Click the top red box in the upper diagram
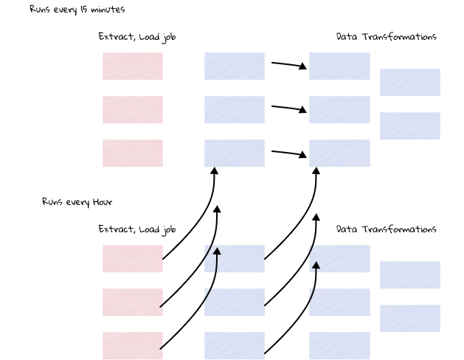click(x=133, y=66)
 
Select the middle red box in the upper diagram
click(x=133, y=110)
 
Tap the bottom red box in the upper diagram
click(x=133, y=153)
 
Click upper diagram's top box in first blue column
click(x=235, y=66)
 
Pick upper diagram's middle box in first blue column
click(x=235, y=110)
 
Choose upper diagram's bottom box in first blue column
click(x=235, y=153)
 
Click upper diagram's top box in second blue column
click(x=339, y=66)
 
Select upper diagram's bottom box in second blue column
click(x=339, y=153)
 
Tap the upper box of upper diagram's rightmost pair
click(x=410, y=83)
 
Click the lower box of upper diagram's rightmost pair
click(x=410, y=126)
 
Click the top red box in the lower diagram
click(x=133, y=259)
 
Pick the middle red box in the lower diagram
click(x=133, y=302)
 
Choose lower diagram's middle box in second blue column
click(x=339, y=302)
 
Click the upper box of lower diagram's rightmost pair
click(x=410, y=275)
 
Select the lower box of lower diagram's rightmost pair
click(x=410, y=319)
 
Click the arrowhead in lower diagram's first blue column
click(x=217, y=252)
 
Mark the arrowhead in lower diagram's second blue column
click(x=316, y=266)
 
